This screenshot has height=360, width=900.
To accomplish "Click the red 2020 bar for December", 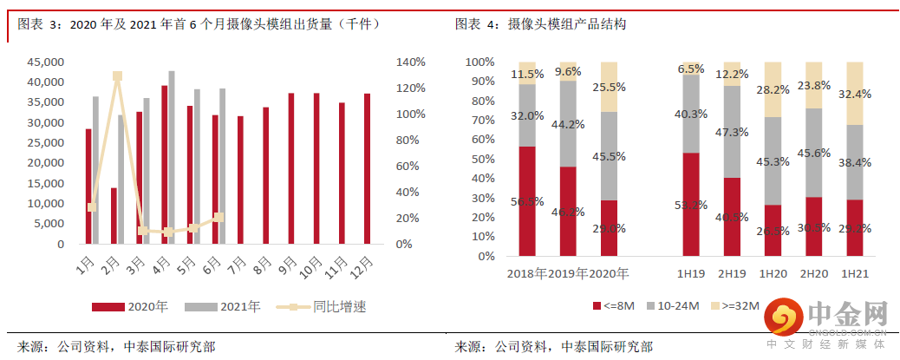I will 367,169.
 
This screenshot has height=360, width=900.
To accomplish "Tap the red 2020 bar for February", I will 114,216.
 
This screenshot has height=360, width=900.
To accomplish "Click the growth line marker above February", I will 117,76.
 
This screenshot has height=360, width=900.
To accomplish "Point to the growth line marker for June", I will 219,217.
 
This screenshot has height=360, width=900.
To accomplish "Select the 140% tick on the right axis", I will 410,62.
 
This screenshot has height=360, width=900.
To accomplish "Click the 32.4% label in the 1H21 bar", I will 855,94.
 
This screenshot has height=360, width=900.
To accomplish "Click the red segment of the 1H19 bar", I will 691,206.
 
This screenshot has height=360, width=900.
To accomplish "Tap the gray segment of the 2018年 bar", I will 528,115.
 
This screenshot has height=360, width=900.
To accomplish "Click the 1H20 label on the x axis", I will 773,273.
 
